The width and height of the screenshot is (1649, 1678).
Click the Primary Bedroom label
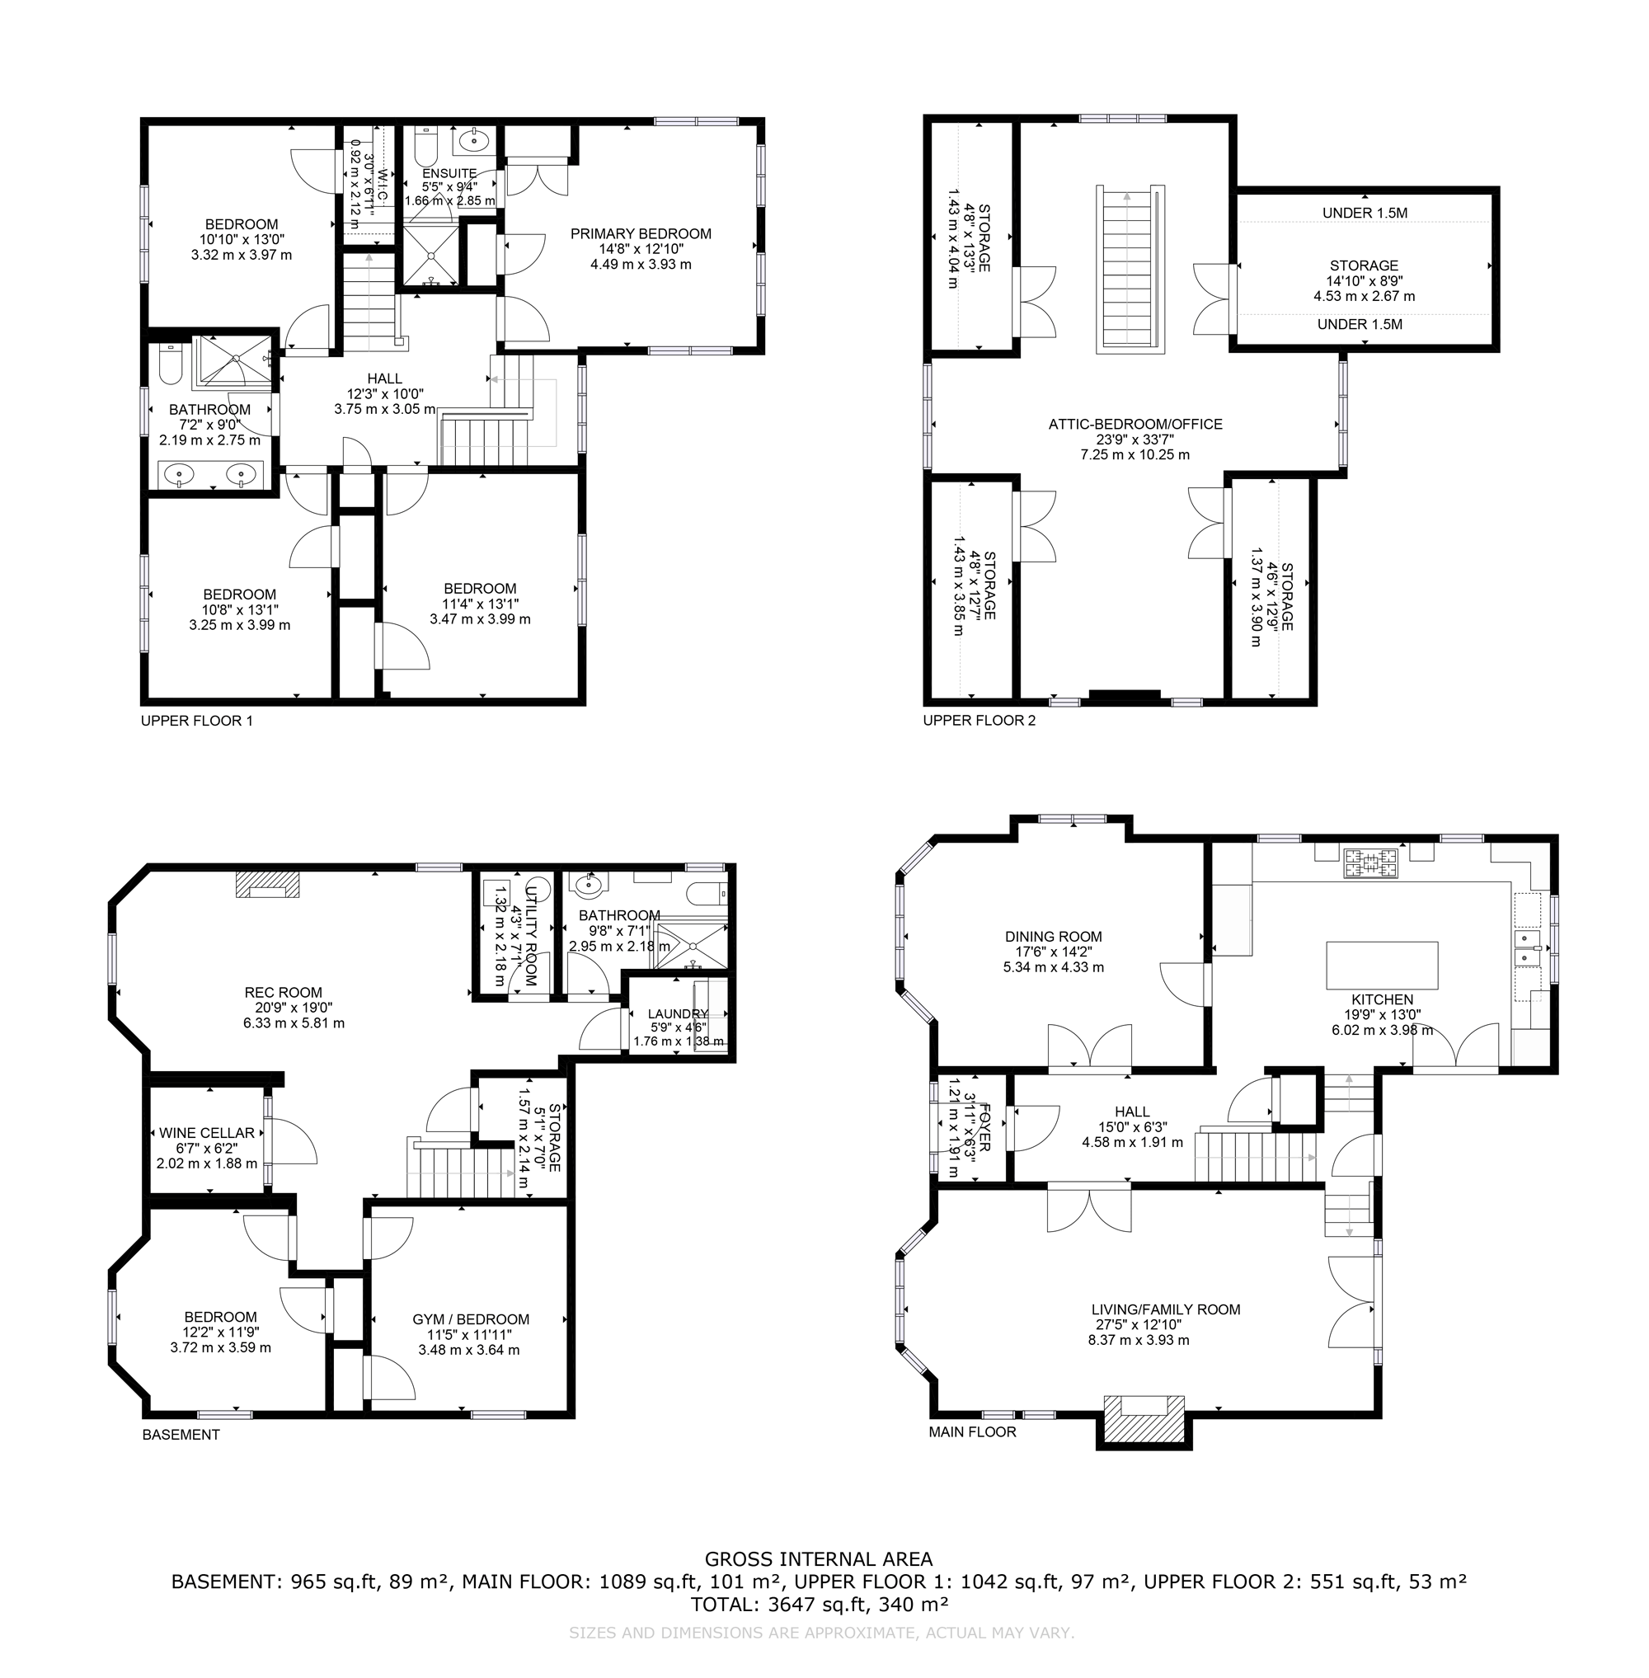[640, 234]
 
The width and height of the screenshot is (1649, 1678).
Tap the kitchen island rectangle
[1381, 965]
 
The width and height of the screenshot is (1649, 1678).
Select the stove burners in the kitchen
[1370, 862]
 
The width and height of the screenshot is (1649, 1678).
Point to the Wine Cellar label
[207, 1133]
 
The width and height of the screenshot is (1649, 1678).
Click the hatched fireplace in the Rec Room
[268, 885]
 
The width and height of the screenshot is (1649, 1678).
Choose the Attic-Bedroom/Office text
[1135, 425]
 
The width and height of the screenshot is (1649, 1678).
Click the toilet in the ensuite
[425, 149]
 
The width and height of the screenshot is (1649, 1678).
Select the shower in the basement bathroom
[690, 945]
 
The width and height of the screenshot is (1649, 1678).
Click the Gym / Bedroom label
[470, 1319]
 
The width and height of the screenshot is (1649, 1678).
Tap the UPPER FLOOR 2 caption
[979, 720]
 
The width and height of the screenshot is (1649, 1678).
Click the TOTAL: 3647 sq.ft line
[819, 1605]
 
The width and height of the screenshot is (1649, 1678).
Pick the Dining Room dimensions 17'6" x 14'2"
[1053, 952]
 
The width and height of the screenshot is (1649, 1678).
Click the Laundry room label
[677, 1013]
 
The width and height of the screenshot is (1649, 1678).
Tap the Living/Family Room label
[1165, 1309]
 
